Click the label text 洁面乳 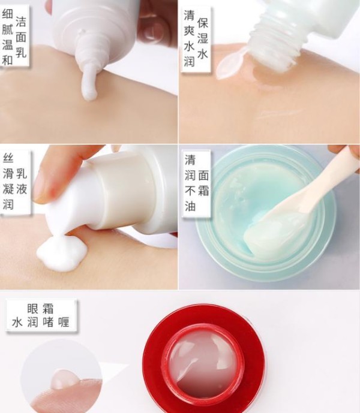(x=21, y=37)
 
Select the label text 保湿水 (x=203, y=38)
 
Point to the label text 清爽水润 (x=189, y=38)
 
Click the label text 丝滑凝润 (x=8, y=182)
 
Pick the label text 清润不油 (x=190, y=183)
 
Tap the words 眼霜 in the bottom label (x=40, y=309)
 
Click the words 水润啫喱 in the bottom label (x=41, y=322)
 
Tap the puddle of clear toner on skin (x=266, y=78)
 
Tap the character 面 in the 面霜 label (x=203, y=176)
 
